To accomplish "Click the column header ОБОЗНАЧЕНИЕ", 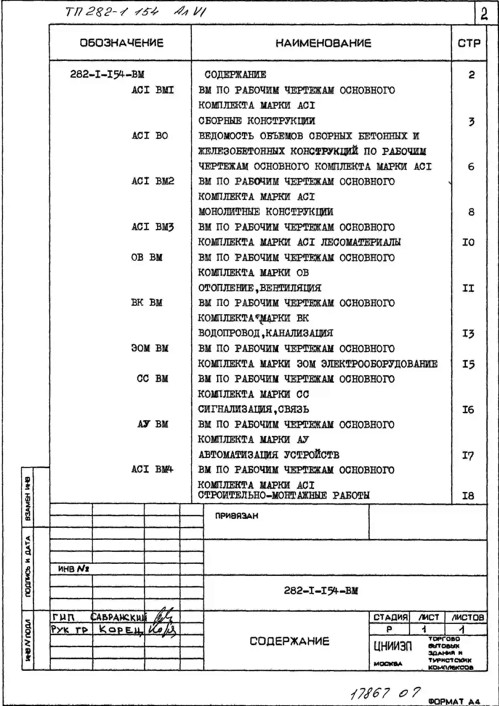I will click(122, 43).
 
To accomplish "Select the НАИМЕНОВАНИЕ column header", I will click(323, 43).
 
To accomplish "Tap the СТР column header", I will click(469, 43).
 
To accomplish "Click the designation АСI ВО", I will click(150, 136).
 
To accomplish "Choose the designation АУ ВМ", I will click(153, 424).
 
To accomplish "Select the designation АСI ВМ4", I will click(152, 469).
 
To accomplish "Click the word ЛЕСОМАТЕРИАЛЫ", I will click(361, 242).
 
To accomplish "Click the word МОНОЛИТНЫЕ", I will click(229, 212).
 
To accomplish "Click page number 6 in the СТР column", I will click(471, 167).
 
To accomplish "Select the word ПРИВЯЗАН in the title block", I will click(237, 516).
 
